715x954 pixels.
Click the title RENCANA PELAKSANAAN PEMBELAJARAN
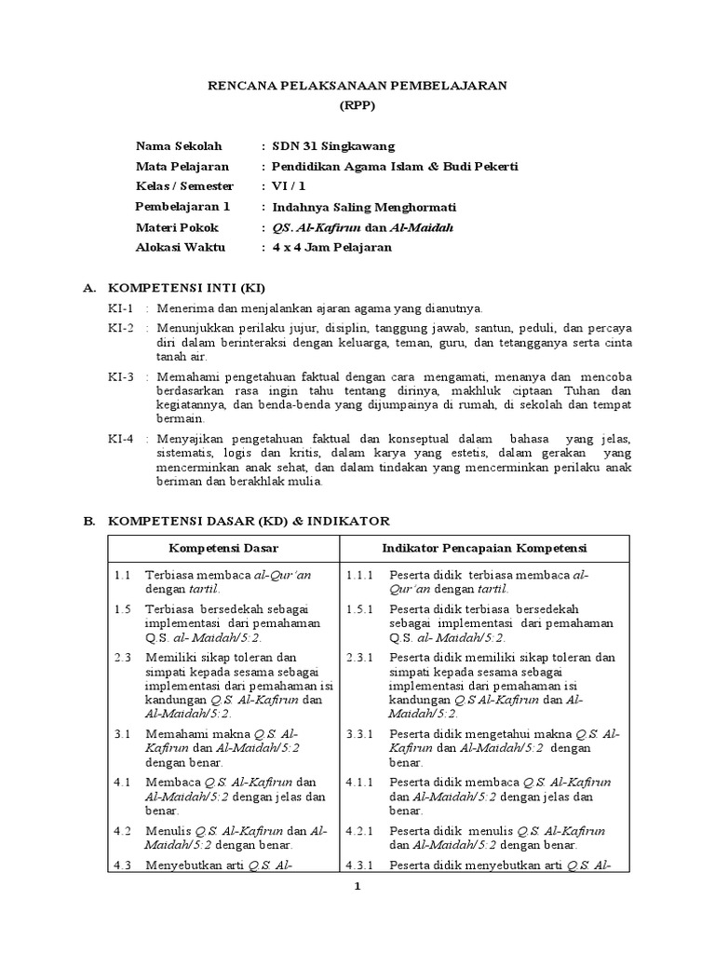click(x=357, y=85)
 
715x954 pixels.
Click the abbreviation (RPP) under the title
click(x=357, y=105)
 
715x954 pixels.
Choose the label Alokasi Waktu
click(x=181, y=247)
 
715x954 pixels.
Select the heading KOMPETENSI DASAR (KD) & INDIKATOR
click(x=250, y=520)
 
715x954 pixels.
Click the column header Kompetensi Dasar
click(x=223, y=547)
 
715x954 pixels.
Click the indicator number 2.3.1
click(x=359, y=658)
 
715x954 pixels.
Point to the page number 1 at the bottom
click(x=357, y=887)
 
